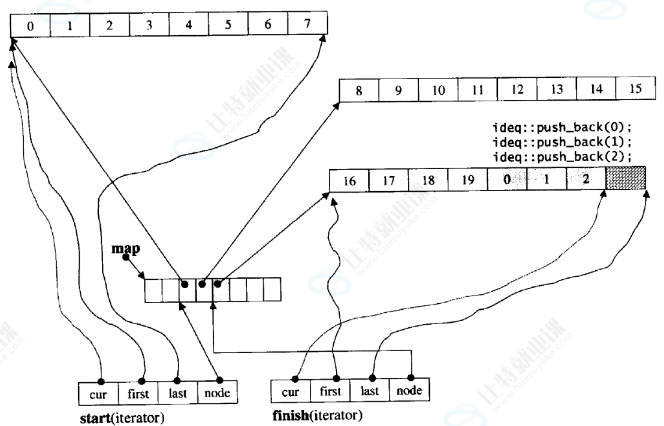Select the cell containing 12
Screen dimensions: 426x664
click(517, 90)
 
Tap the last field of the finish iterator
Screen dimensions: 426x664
click(370, 391)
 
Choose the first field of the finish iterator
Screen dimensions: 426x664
click(330, 391)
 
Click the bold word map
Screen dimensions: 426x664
click(122, 247)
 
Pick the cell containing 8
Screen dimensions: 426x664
click(358, 90)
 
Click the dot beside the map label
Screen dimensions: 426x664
click(125, 258)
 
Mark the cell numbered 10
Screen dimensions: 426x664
click(437, 90)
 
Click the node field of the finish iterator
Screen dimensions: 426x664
click(410, 391)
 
